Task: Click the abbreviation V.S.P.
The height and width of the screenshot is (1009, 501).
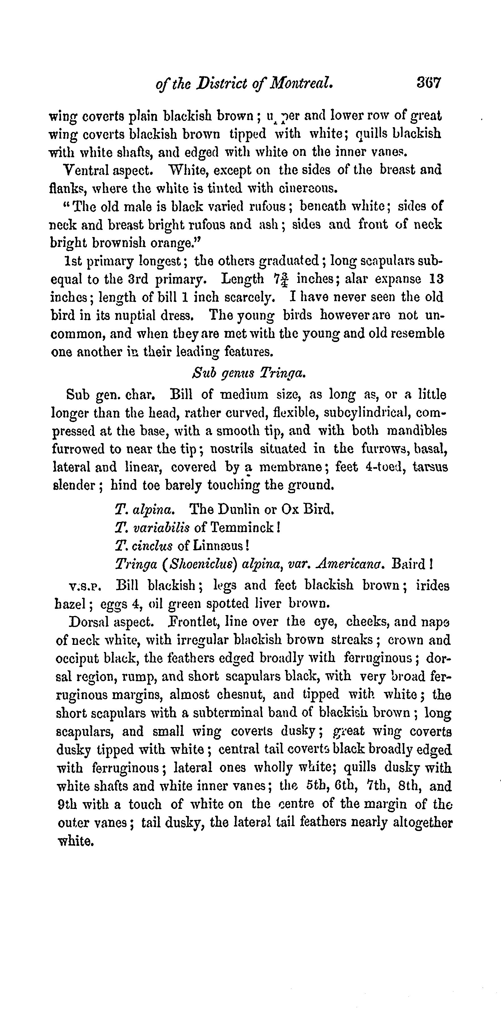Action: [x=85, y=587]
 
